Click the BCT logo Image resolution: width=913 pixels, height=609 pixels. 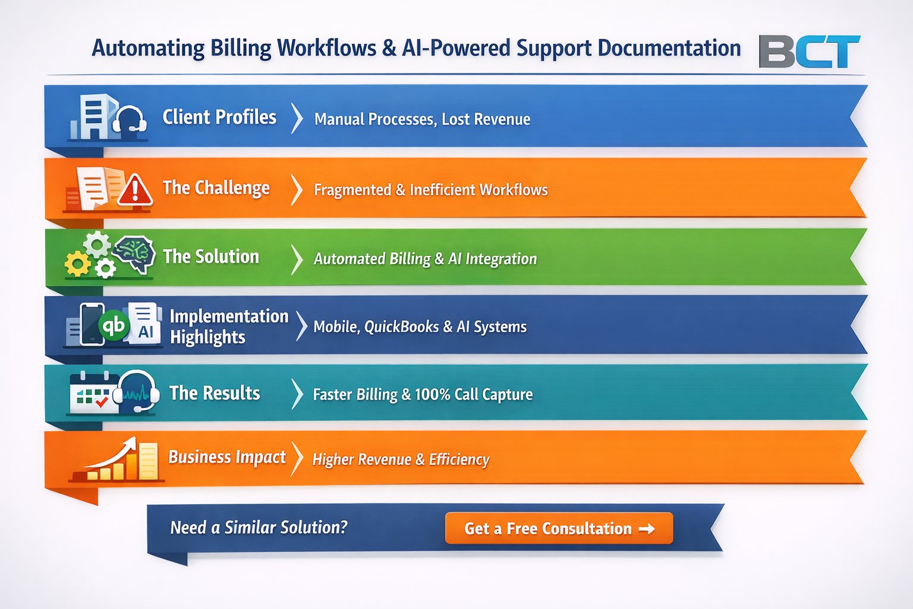click(809, 51)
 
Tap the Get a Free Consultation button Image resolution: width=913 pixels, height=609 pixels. click(559, 528)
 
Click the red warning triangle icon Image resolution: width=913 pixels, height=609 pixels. click(135, 190)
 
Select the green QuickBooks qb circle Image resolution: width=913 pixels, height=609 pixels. click(114, 325)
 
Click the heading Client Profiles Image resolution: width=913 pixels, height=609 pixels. click(219, 117)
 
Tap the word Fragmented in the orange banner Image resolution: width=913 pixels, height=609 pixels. click(352, 190)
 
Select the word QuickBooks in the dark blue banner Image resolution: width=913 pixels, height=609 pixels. click(401, 327)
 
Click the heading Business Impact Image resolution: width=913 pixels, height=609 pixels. click(227, 457)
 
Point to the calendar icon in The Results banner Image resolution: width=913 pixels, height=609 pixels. click(95, 392)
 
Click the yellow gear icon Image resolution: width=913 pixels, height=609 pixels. click(77, 264)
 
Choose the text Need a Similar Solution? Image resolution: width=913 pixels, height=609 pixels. click(259, 528)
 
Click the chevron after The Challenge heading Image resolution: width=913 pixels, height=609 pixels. click(297, 190)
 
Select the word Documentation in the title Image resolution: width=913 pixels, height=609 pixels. click(669, 48)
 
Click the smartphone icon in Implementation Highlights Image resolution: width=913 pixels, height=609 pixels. click(92, 324)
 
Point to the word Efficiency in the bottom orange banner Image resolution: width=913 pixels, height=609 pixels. click(459, 459)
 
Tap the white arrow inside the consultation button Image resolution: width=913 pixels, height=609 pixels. click(647, 529)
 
